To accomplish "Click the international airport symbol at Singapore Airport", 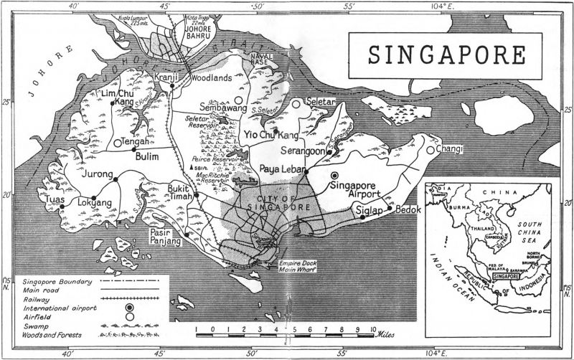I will click(x=334, y=174).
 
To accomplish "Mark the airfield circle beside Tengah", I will click(x=117, y=143).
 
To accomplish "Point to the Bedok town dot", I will click(x=389, y=208).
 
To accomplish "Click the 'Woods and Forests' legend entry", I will click(x=52, y=336).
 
